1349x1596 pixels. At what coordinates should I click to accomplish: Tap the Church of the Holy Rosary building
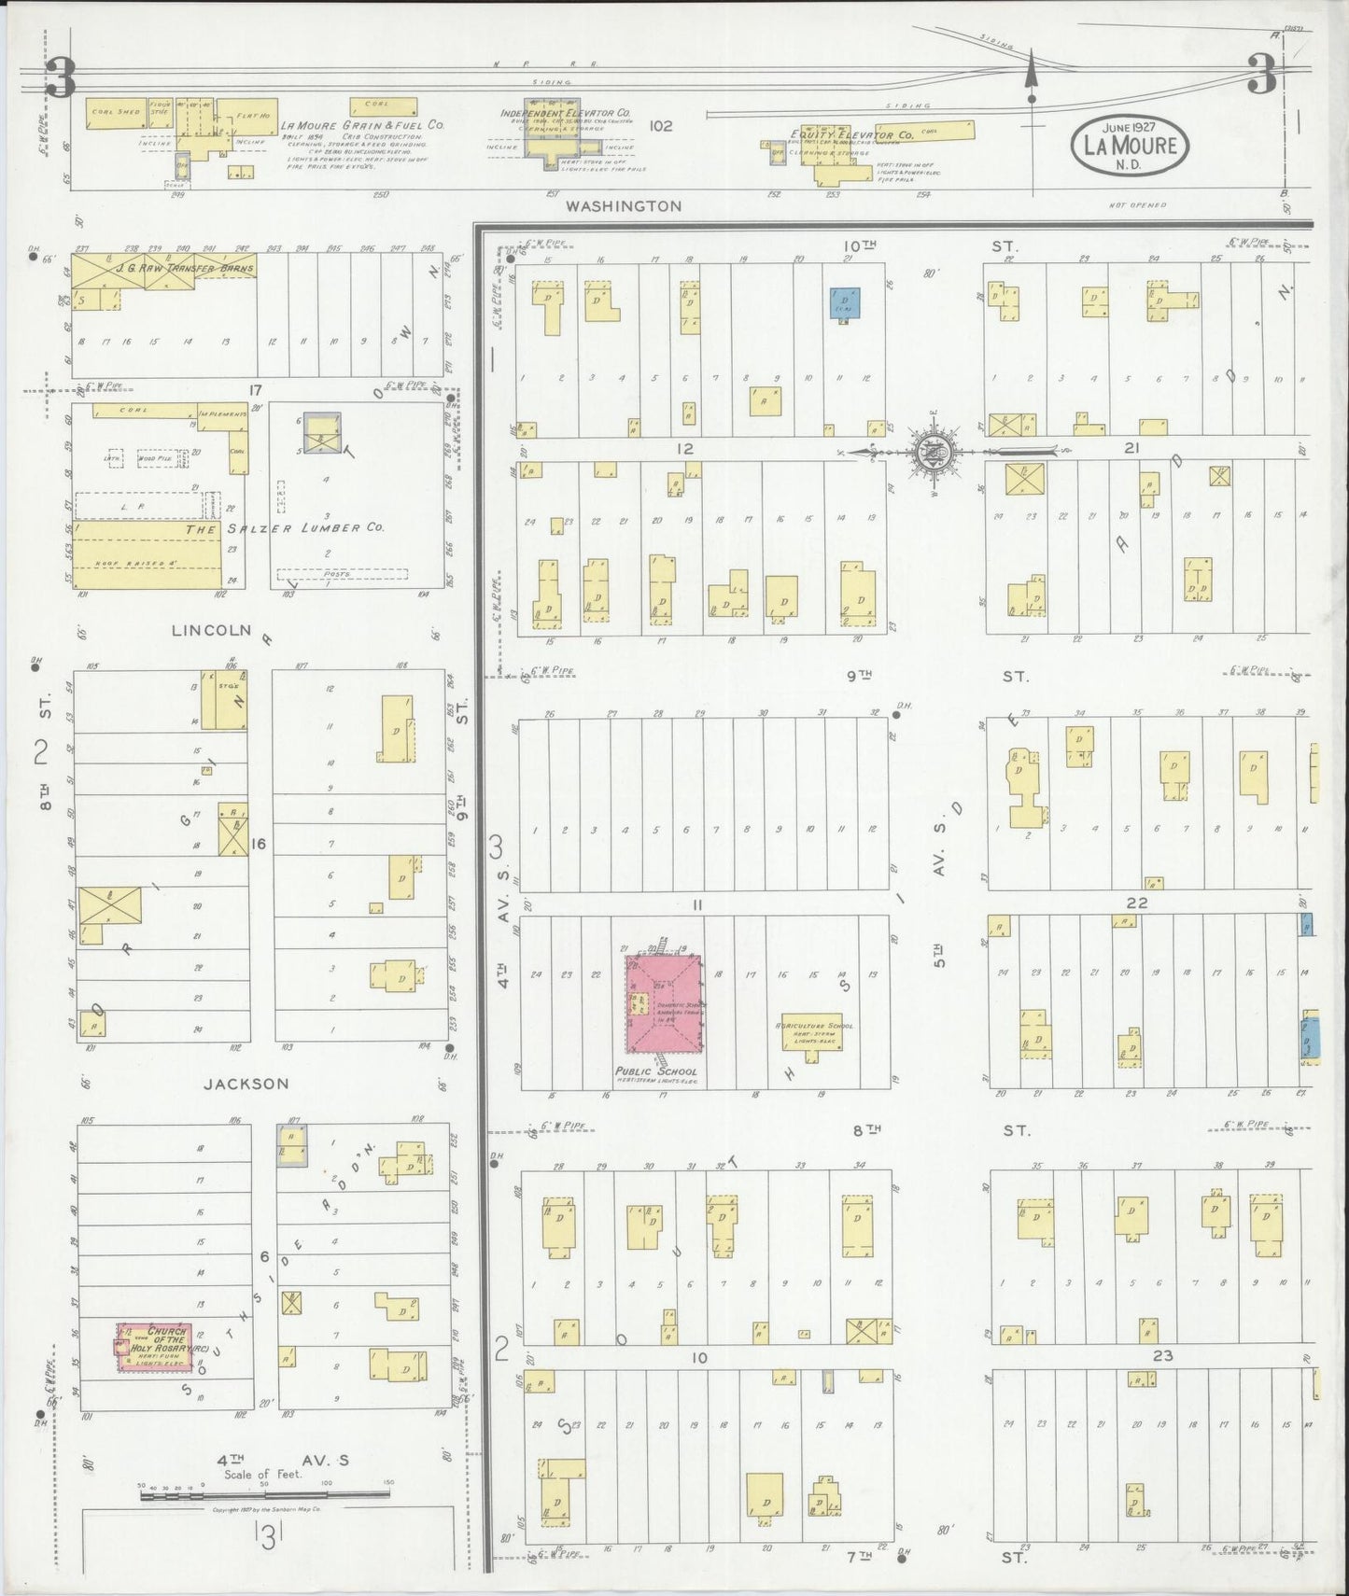(154, 1348)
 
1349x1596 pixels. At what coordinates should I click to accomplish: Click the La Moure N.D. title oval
(1131, 146)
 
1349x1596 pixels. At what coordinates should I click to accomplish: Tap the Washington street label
(627, 205)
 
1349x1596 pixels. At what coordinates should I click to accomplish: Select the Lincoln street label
(212, 630)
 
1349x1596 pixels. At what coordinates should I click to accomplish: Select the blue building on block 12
(845, 302)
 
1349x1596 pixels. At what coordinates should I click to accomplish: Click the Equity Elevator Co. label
(839, 135)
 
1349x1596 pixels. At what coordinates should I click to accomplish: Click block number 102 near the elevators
(660, 125)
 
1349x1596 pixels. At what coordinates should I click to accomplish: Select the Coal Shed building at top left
(117, 112)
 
